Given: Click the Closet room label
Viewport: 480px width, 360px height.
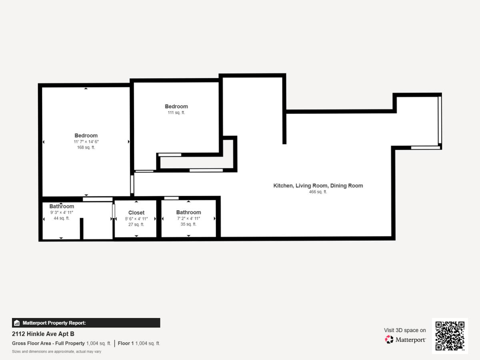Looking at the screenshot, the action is [x=136, y=213].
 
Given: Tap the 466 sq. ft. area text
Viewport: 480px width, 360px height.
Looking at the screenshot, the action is [x=318, y=192].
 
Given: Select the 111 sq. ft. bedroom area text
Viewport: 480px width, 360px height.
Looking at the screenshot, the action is [x=176, y=113].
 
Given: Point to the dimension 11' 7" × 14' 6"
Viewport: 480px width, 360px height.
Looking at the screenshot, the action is [x=86, y=142].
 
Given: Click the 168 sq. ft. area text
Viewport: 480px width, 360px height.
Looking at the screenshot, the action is [x=86, y=148].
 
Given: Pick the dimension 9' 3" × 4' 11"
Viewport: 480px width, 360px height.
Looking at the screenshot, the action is [x=62, y=212].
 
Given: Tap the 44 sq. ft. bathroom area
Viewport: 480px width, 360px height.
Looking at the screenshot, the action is [x=62, y=218].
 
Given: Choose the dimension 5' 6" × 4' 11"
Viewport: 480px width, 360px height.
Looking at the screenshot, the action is [x=136, y=219].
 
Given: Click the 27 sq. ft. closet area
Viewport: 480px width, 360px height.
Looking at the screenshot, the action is [x=136, y=224].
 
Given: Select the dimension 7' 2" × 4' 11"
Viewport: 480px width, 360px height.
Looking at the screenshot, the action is [x=188, y=218].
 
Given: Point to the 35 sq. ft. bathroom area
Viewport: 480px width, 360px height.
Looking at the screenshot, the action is [x=188, y=224].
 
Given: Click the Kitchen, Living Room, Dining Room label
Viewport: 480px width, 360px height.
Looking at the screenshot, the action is [x=318, y=186].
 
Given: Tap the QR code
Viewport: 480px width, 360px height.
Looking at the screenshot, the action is [x=450, y=336].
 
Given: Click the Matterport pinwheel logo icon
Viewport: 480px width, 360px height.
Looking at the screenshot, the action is [x=389, y=340].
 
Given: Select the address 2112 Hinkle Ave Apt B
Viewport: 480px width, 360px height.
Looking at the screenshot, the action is [x=43, y=334].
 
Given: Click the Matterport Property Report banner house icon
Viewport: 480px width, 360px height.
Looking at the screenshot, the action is [x=17, y=323].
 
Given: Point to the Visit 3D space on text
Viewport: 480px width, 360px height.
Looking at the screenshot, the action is [x=405, y=330].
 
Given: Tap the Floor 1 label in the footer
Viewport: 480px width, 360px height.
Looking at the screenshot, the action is [x=126, y=343].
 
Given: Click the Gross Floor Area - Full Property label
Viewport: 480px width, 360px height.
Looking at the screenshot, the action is [x=48, y=343].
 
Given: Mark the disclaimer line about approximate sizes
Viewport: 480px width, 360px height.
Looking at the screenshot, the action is [x=57, y=352].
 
